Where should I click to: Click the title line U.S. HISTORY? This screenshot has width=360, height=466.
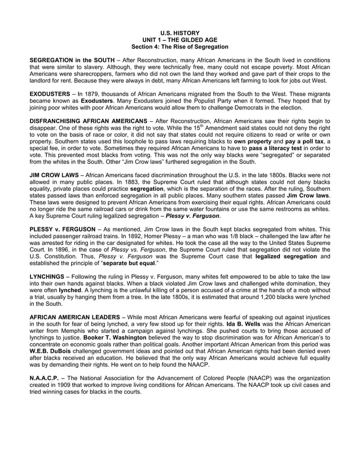click(x=179, y=34)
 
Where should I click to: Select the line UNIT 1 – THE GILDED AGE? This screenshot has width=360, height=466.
click(x=179, y=40)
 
